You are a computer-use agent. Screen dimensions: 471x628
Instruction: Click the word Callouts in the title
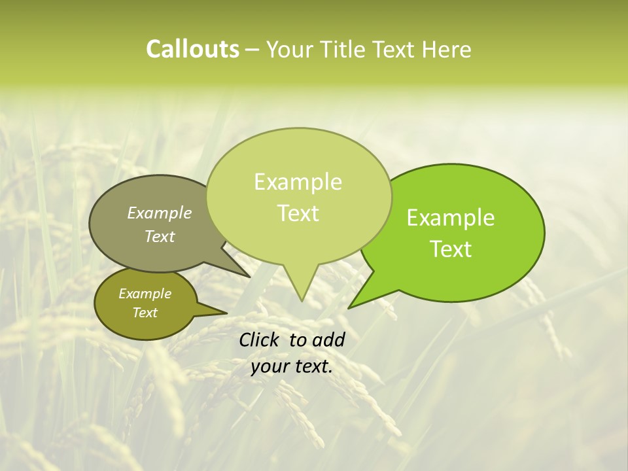point(192,49)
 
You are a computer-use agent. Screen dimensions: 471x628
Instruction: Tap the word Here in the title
point(446,49)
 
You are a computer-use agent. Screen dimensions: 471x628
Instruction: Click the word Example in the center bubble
point(298,182)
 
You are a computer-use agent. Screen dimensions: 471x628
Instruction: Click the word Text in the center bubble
point(298,213)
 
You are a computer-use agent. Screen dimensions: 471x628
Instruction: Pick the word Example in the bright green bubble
point(451,218)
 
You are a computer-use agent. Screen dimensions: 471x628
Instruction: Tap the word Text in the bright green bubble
point(451,249)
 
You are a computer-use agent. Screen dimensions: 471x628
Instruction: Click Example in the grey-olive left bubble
point(159,213)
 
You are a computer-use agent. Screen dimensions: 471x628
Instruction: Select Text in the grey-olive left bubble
point(160,236)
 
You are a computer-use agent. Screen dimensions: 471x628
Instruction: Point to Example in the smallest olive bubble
point(145,294)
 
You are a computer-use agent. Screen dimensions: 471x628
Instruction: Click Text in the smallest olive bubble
point(145,313)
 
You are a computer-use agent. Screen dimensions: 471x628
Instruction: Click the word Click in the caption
point(260,340)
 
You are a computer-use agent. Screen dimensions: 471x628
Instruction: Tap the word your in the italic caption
point(270,367)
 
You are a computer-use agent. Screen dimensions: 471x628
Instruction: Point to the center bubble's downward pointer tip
point(302,301)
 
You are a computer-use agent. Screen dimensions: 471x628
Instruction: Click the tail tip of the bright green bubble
point(348,307)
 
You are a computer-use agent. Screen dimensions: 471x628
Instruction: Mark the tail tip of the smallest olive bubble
point(227,313)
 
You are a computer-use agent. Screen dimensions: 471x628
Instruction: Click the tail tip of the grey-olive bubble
point(251,277)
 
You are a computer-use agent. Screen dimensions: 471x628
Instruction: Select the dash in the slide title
point(253,50)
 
